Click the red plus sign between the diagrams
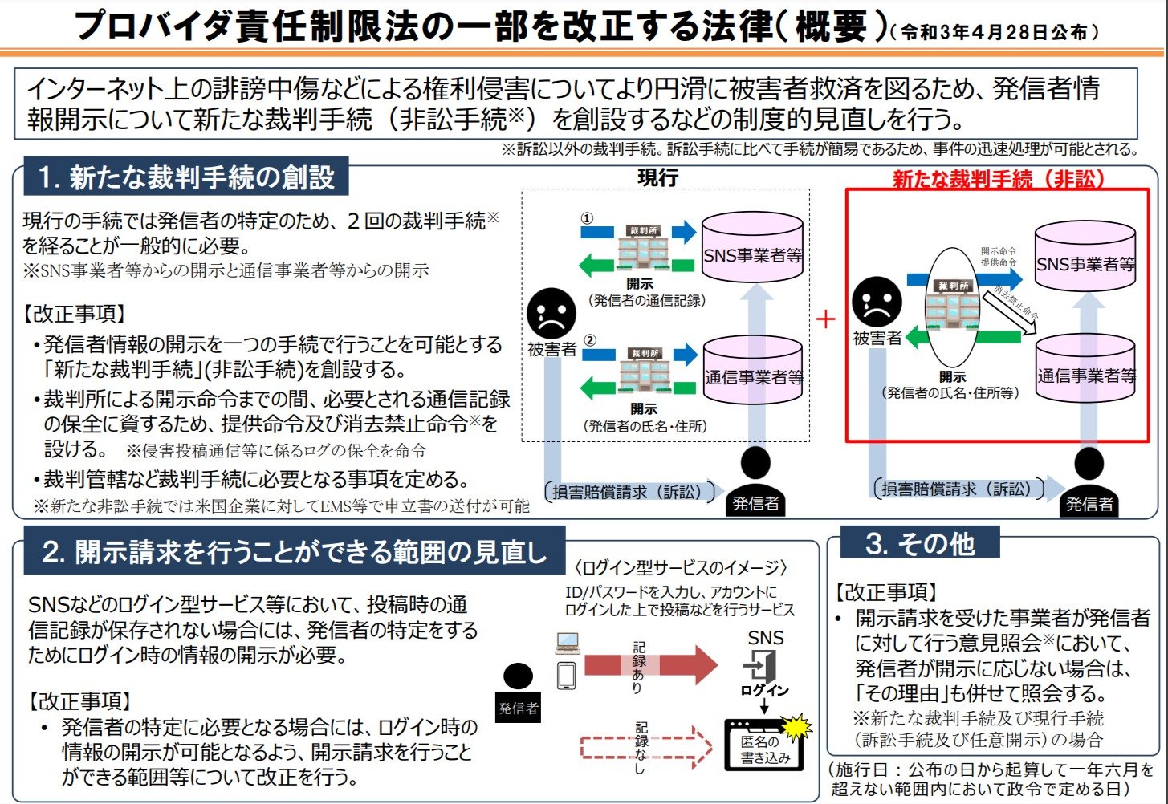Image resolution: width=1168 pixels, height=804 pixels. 825,319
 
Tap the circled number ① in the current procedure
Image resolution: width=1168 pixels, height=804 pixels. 587,218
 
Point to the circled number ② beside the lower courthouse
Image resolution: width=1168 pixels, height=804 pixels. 589,340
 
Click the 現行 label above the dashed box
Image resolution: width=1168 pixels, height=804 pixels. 657,177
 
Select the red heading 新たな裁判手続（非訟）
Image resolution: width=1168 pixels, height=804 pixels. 999,179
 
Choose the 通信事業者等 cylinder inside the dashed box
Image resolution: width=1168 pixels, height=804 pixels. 753,370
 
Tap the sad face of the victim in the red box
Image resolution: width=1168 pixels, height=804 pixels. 877,302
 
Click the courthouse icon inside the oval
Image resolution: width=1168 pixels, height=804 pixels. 952,305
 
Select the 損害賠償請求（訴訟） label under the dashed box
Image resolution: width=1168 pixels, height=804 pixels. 627,492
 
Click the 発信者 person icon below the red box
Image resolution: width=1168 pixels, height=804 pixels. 1089,481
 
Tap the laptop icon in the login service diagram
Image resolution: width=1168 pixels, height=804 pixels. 567,643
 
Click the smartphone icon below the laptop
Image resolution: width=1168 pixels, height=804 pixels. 567,675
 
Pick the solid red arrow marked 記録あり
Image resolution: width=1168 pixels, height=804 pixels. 650,664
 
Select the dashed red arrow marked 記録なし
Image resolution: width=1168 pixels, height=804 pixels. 646,746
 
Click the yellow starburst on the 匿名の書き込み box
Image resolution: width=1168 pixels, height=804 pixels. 796,727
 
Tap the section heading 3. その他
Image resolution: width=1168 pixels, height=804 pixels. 919,543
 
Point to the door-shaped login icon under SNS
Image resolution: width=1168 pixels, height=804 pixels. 761,665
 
